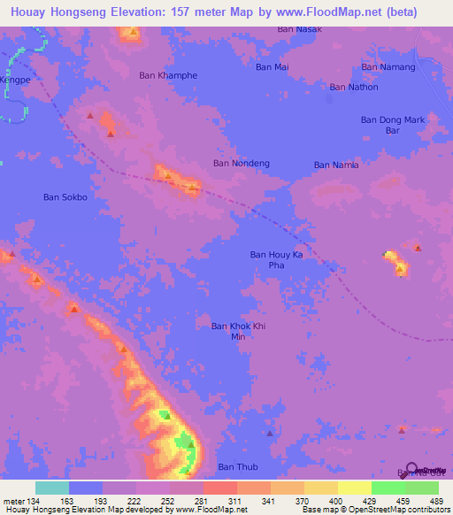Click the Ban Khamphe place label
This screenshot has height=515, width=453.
(x=168, y=75)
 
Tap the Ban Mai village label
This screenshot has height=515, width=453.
(x=272, y=66)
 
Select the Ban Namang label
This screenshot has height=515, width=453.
(x=388, y=67)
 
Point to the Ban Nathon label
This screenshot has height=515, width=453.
(x=354, y=87)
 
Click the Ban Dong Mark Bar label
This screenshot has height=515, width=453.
(x=393, y=125)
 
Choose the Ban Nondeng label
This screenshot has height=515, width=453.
(x=242, y=163)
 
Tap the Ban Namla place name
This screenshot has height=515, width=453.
(x=336, y=165)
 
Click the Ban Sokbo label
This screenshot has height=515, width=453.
(x=65, y=197)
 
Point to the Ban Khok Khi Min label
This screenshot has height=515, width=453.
(x=237, y=332)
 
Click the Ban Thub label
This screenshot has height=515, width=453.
(x=236, y=466)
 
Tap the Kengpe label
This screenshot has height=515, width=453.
(x=15, y=79)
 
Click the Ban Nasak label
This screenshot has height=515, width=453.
(x=299, y=29)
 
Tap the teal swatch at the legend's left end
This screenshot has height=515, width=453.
(x=51, y=488)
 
